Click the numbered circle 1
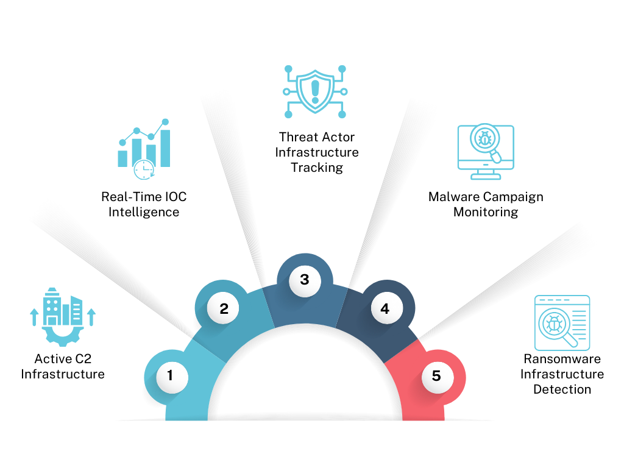[x=170, y=376]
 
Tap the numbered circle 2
[x=224, y=309]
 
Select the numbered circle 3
[x=305, y=280]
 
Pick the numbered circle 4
[x=385, y=309]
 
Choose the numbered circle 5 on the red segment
[x=436, y=376]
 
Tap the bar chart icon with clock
[x=144, y=149]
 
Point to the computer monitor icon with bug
[x=486, y=152]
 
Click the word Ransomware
[x=562, y=359]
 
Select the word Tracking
[x=317, y=168]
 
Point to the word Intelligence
[x=144, y=212]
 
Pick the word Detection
[x=562, y=389]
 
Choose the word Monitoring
[x=486, y=212]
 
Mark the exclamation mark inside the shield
[x=315, y=90]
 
